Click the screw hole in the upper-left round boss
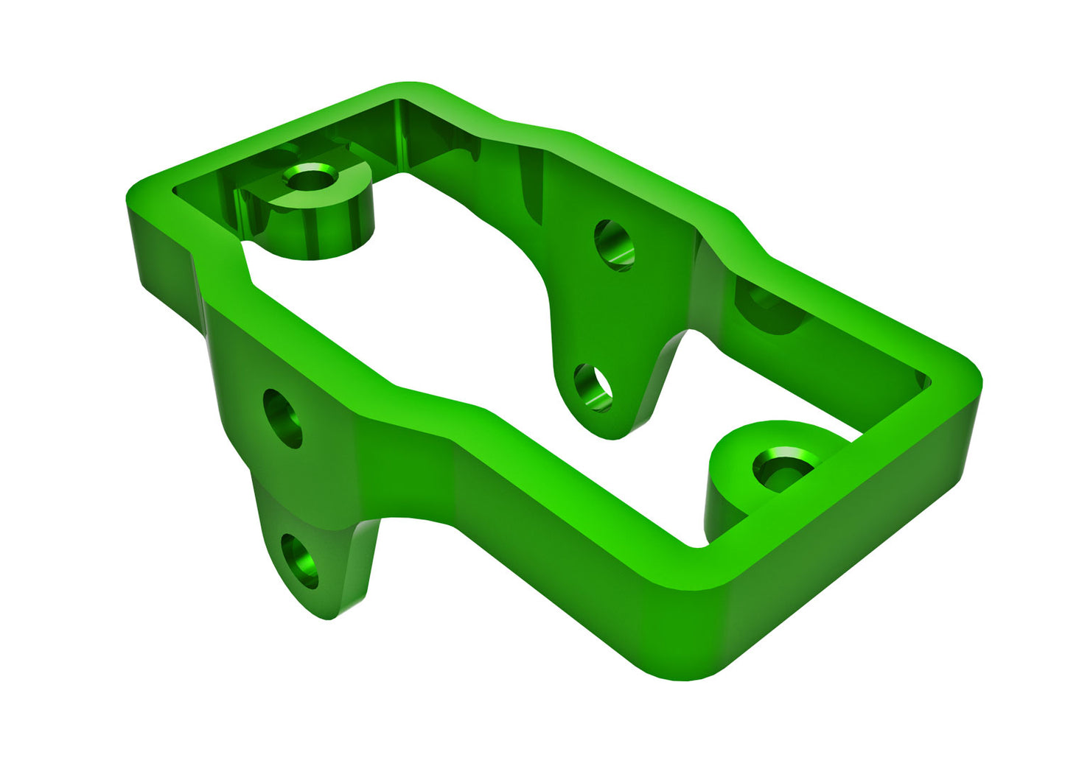[x=310, y=177]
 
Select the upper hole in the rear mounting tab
[x=614, y=245]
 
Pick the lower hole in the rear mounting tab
[x=593, y=387]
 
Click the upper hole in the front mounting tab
[x=282, y=418]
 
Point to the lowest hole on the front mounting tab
[x=300, y=561]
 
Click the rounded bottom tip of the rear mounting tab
[x=612, y=435]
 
